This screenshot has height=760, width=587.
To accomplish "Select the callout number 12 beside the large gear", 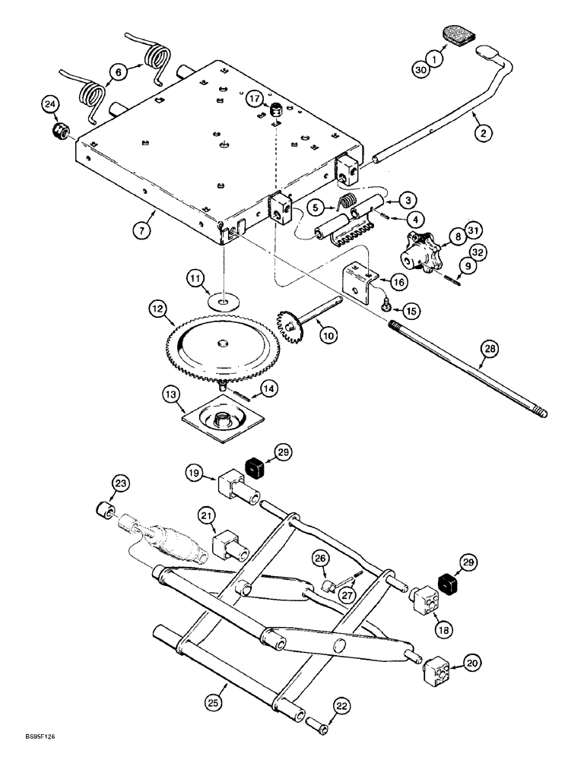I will (x=158, y=310).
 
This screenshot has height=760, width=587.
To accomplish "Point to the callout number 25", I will (x=215, y=705).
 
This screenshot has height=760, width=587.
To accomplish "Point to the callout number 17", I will (x=254, y=99).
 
